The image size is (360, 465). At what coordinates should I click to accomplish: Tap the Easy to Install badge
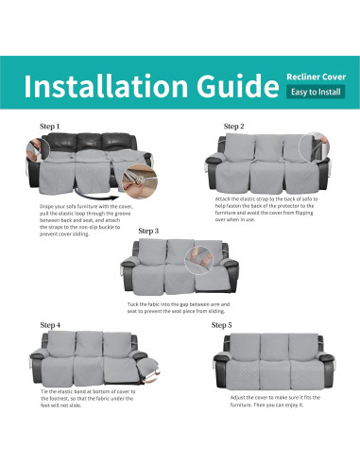316,92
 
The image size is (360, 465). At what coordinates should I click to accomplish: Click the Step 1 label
49,126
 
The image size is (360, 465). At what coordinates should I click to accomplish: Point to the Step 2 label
233,126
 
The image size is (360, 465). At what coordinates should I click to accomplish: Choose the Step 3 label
148,230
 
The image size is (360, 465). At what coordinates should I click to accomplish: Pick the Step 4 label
50,324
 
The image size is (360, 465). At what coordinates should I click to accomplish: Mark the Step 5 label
221,324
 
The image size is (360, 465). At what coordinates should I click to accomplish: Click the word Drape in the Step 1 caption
48,206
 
